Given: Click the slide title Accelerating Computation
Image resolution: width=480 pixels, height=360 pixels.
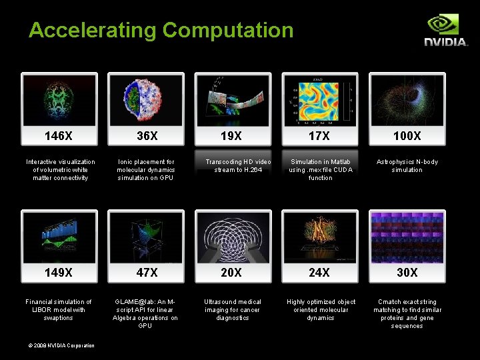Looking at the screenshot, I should [161, 30].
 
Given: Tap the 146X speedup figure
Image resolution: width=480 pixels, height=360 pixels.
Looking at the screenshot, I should [59, 136].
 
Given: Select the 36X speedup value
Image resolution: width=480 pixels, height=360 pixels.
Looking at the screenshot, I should [147, 136].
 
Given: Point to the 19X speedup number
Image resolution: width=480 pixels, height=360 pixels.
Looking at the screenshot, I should [232, 136].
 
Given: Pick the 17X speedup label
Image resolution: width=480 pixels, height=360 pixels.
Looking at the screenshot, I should [319, 136].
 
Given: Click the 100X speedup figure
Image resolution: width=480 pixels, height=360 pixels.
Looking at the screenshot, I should [407, 136].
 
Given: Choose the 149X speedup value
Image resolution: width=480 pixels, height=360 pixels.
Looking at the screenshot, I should [59, 273].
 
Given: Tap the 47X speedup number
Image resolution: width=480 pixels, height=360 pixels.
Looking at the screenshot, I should [147, 273].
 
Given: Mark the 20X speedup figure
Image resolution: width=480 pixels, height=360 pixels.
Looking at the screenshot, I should [232, 273].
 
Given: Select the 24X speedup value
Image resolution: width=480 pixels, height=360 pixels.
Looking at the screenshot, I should [319, 273].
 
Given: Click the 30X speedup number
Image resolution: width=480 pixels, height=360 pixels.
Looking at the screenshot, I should [407, 273].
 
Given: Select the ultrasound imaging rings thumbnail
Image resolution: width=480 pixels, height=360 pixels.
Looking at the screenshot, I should [233, 237].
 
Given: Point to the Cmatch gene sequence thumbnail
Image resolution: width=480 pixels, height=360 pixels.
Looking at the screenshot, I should [407, 237].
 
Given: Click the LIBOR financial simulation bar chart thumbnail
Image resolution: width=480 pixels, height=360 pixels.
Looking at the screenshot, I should [59, 237].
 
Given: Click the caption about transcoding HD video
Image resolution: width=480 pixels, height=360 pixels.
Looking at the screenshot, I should [238, 165].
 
